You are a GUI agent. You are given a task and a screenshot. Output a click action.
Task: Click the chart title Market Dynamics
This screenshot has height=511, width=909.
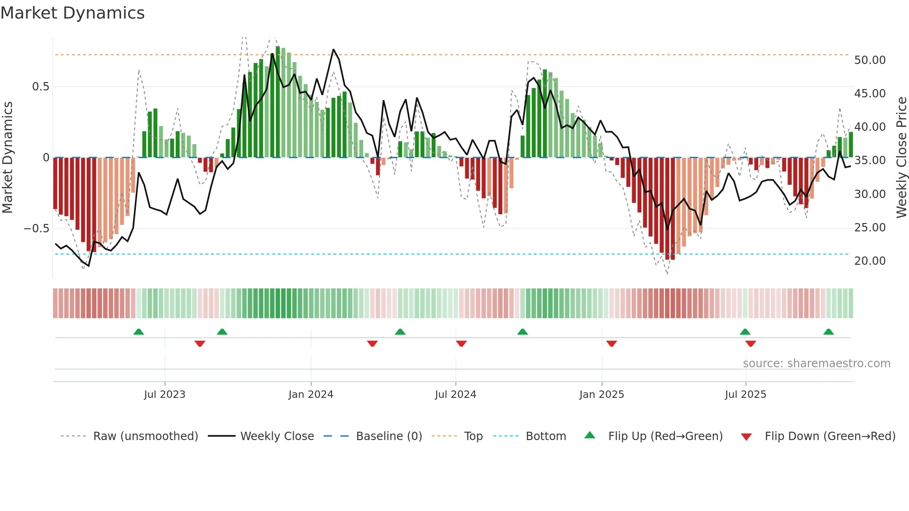tap(72, 13)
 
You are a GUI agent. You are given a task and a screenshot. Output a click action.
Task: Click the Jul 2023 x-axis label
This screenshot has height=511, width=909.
tap(164, 395)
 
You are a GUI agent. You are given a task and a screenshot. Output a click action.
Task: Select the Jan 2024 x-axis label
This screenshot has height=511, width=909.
tap(311, 395)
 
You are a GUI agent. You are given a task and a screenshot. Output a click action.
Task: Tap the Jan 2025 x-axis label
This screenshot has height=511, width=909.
tap(602, 395)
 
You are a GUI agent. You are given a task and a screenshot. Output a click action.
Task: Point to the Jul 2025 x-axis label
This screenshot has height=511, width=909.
tap(745, 395)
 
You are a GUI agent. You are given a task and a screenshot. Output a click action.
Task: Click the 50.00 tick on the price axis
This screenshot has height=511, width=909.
tap(870, 60)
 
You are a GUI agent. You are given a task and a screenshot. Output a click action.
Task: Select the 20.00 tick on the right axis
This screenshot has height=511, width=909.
tap(870, 261)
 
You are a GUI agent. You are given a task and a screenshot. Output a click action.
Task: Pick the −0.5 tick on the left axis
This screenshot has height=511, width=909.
tap(36, 229)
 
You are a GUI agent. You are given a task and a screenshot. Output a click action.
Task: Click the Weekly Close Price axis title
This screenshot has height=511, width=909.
tap(901, 158)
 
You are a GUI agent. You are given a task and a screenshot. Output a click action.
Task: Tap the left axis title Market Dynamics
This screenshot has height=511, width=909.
tap(7, 158)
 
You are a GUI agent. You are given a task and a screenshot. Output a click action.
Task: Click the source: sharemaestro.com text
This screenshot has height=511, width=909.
tap(816, 364)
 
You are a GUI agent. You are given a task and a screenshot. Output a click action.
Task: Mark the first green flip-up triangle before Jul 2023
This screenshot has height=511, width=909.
tap(139, 332)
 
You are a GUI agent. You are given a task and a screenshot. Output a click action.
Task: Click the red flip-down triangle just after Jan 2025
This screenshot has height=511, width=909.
tap(611, 344)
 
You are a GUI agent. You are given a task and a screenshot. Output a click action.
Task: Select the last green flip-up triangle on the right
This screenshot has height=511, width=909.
tap(828, 332)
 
